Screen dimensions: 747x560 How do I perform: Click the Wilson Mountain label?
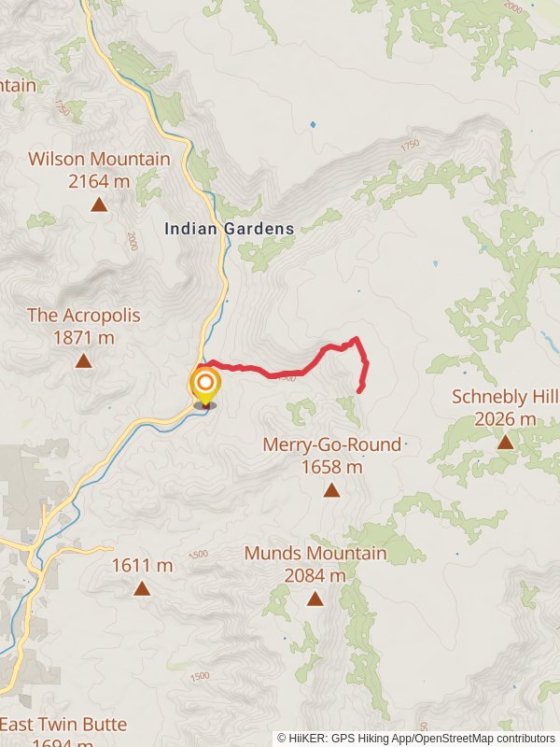(x=99, y=159)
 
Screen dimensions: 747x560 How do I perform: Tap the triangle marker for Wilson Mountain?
(x=99, y=204)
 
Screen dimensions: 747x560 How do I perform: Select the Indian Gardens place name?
(x=230, y=228)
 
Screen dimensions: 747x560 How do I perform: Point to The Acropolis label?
(x=84, y=315)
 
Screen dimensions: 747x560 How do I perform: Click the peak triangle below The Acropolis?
(x=84, y=360)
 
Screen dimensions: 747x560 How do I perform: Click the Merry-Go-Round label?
(x=331, y=444)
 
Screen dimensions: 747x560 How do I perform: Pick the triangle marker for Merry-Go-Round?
(x=331, y=490)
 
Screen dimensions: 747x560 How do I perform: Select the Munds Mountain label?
(x=315, y=553)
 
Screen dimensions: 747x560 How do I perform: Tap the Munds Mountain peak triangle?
(x=315, y=599)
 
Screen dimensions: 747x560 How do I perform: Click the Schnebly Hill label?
(x=505, y=396)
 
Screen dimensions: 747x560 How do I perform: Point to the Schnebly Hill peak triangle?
(x=505, y=441)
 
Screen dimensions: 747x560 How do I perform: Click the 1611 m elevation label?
(x=142, y=565)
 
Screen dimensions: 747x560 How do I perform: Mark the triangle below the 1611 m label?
(x=142, y=588)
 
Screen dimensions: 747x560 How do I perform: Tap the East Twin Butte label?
(x=63, y=724)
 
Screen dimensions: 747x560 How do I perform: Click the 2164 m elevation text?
(x=99, y=180)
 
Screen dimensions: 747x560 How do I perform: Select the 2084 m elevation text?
(x=315, y=575)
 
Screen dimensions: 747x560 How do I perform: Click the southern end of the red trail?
(x=360, y=389)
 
